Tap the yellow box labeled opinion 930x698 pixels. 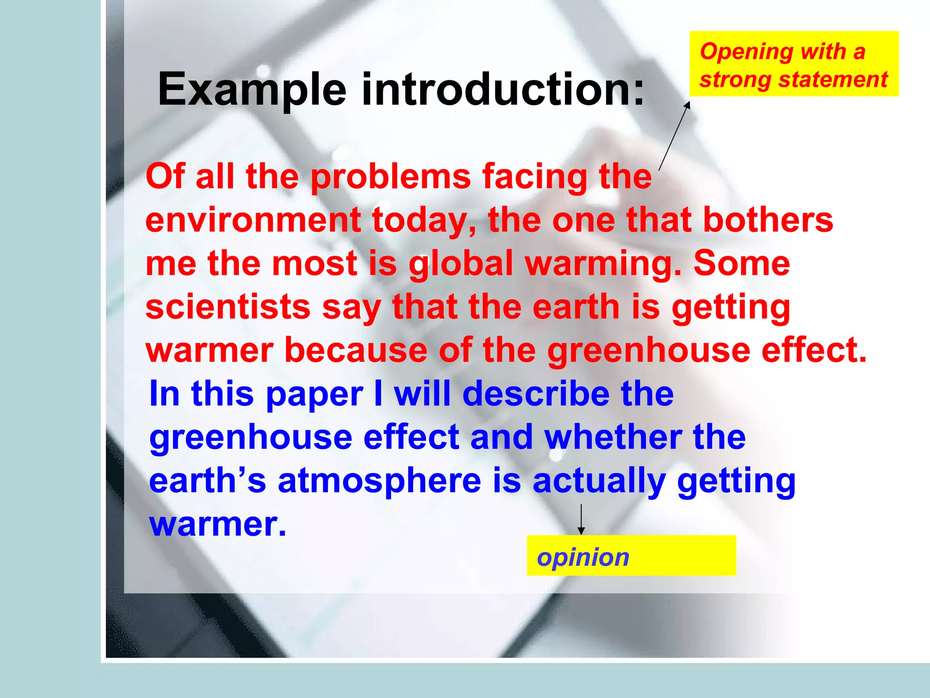click(631, 555)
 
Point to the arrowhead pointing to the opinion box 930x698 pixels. click(581, 531)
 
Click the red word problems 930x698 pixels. click(391, 177)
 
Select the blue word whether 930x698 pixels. click(613, 437)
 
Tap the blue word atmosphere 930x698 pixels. click(379, 481)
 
